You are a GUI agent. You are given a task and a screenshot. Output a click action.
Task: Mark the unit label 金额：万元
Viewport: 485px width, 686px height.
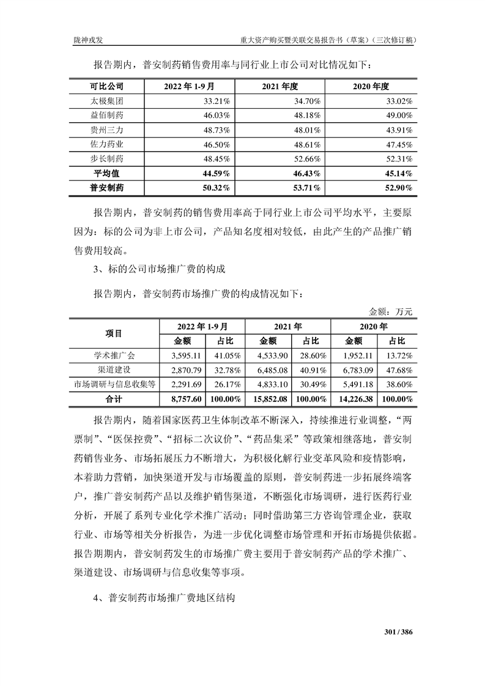click(391, 312)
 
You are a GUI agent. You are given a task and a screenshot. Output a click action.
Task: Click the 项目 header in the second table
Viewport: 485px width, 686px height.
click(114, 333)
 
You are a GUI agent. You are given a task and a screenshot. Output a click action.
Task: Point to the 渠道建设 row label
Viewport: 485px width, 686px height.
click(114, 370)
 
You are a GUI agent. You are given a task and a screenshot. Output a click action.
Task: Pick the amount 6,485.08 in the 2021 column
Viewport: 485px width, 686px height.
click(269, 370)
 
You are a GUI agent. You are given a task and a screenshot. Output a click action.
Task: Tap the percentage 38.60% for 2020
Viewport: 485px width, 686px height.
click(397, 384)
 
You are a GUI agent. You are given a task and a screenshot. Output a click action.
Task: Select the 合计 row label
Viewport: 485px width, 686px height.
click(114, 399)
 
